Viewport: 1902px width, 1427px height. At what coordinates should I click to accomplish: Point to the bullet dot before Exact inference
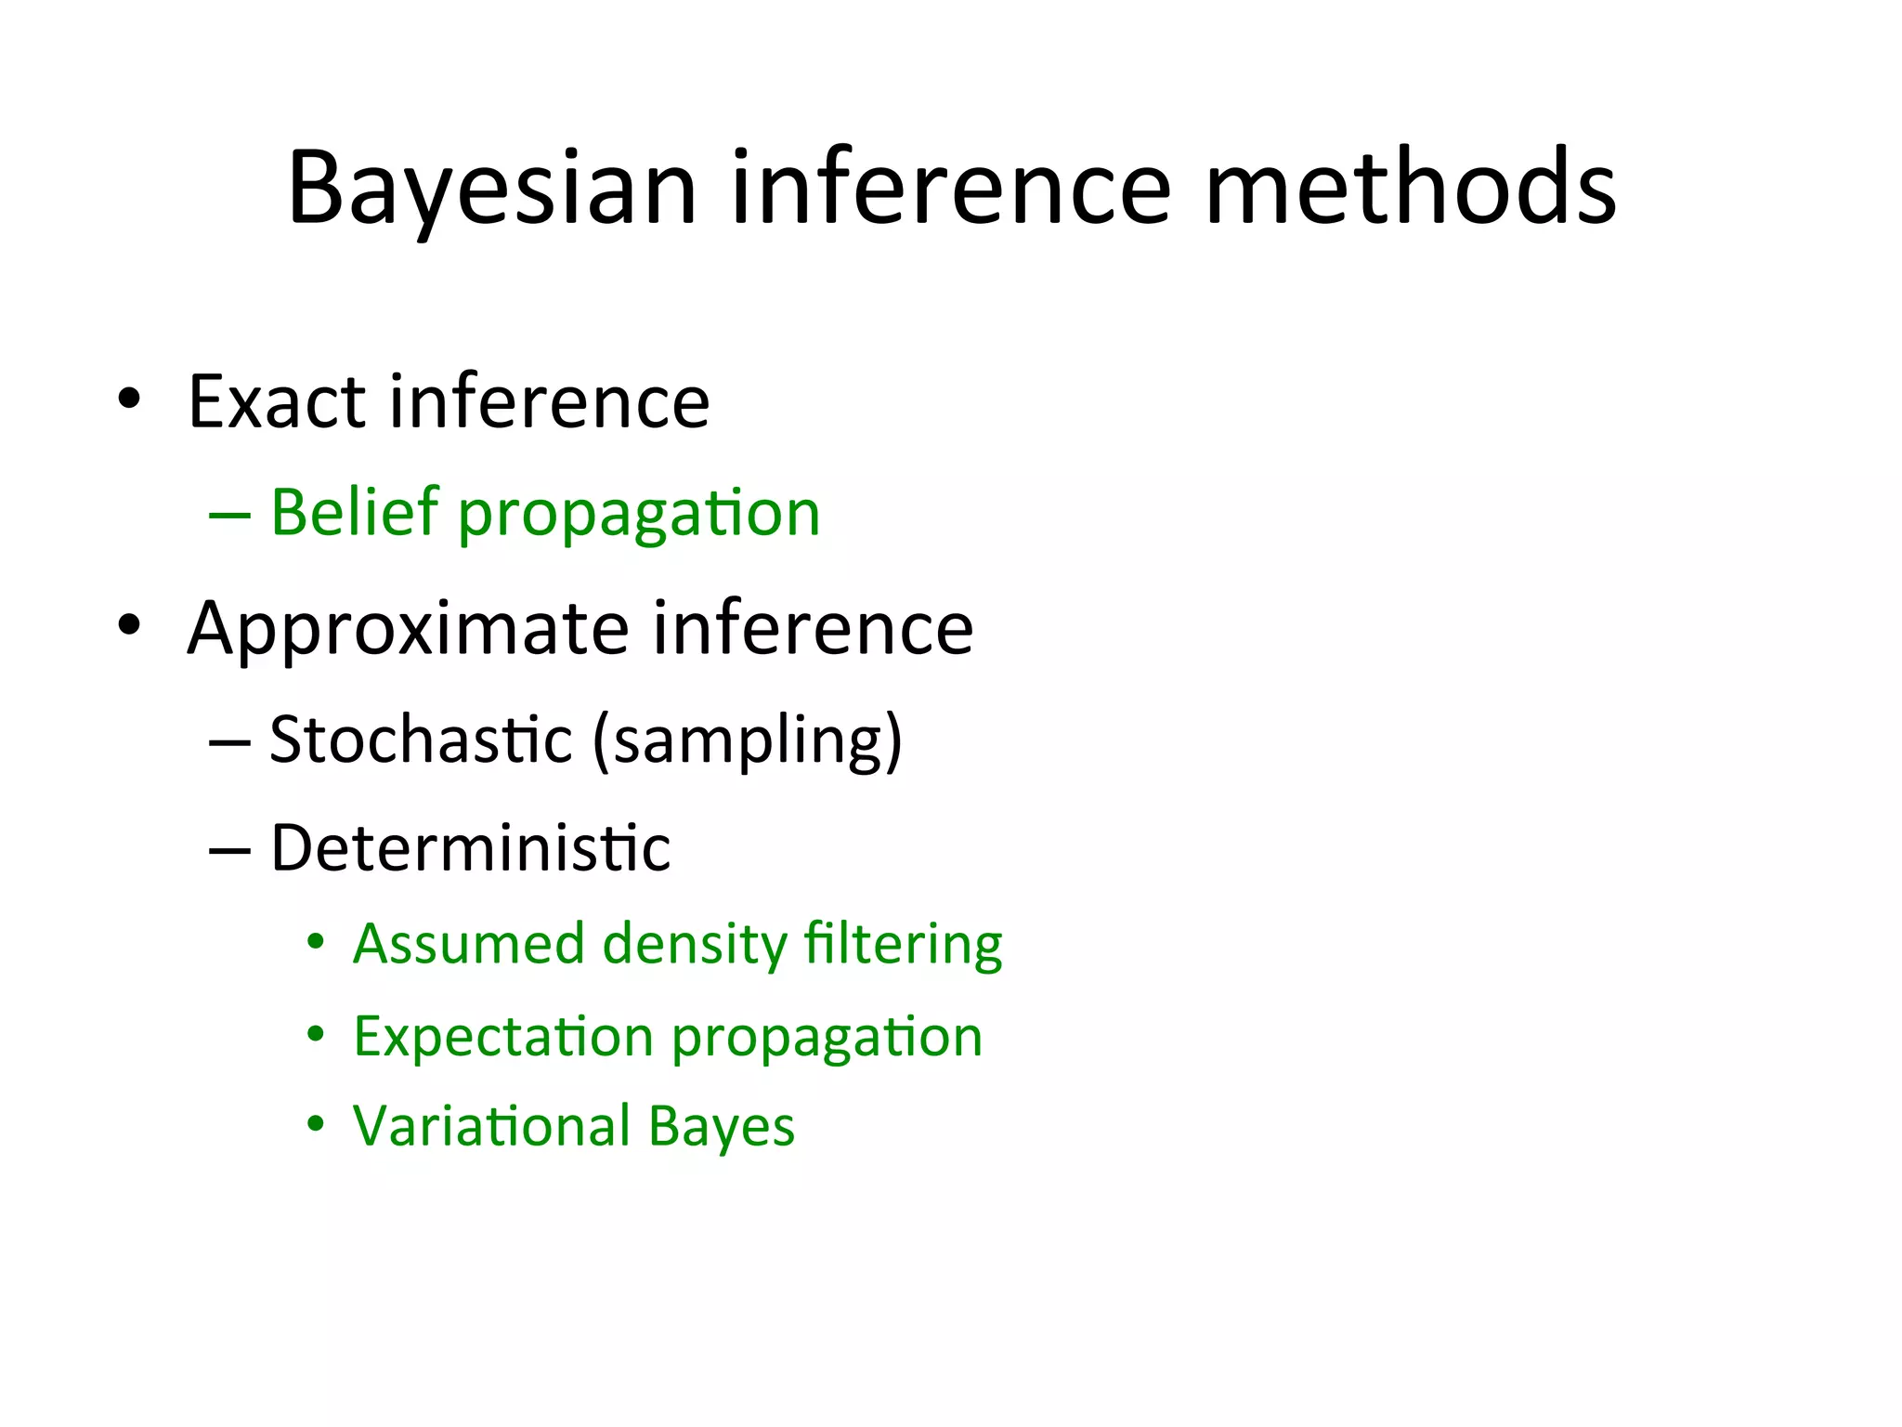(129, 399)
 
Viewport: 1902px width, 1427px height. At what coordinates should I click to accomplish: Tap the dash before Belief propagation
(229, 514)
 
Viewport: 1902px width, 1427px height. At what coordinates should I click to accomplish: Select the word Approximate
(409, 630)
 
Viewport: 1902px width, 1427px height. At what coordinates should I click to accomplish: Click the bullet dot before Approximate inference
(129, 625)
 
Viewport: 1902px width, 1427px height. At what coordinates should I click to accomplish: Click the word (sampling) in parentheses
(748, 741)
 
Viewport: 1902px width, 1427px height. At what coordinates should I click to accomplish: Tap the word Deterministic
(470, 848)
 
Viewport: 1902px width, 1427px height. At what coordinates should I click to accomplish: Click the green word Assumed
(468, 944)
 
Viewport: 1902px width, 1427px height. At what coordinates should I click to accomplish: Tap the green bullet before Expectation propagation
(316, 1034)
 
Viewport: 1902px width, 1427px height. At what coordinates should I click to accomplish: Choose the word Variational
(491, 1126)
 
